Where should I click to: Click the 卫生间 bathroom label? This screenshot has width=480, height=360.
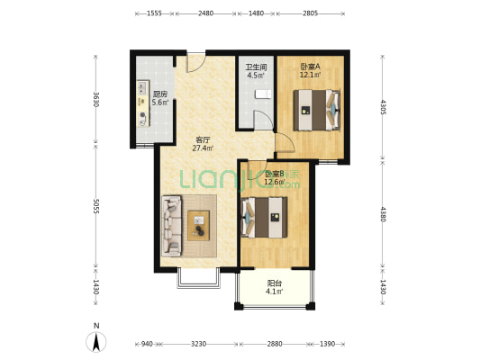[256, 67]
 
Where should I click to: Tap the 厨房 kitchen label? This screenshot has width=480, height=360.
[160, 94]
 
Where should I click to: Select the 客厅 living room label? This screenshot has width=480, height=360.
[203, 140]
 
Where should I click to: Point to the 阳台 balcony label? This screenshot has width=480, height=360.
[275, 283]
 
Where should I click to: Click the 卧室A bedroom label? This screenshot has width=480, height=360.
[310, 67]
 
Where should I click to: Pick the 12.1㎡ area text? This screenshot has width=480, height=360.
[310, 75]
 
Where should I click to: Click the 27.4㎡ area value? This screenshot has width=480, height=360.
[203, 148]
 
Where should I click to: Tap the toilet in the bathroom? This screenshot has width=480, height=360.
[264, 94]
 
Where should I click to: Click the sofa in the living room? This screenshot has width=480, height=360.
[172, 226]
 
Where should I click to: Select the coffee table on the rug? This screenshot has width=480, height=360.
[199, 225]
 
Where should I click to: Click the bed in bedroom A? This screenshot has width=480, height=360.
[316, 110]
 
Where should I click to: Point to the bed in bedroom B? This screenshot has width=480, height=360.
[264, 218]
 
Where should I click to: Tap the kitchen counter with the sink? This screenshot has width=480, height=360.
[143, 103]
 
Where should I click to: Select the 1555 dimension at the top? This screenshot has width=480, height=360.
[155, 13]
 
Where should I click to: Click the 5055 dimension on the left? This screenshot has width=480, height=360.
[96, 206]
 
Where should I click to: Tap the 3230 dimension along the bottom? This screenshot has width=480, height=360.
[198, 344]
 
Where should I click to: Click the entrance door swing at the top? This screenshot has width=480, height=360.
[196, 63]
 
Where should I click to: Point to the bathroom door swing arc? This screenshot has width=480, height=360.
[264, 120]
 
